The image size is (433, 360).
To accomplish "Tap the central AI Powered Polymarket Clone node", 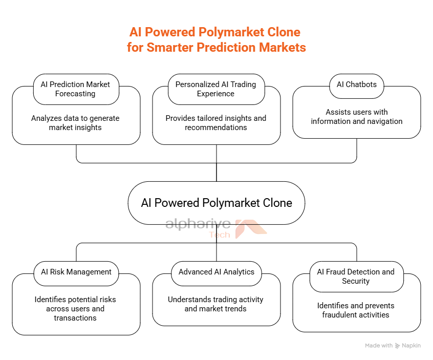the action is [216, 203].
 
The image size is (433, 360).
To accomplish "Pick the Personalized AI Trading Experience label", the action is [216, 89].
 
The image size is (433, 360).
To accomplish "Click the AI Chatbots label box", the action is [357, 86].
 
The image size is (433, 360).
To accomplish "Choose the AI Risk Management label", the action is [76, 273].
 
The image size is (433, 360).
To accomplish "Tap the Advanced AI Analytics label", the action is [216, 273].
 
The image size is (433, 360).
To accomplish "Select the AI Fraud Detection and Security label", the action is [357, 277].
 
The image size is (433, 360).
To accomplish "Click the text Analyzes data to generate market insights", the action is [75, 123].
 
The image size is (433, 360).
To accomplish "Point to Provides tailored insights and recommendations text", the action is [216, 123].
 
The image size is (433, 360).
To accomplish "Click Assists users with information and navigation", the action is [357, 117].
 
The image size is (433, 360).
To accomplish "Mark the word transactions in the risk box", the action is [75, 318].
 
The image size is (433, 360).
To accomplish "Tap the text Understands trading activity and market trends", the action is [215, 304].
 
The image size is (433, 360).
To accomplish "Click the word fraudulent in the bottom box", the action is [337, 315].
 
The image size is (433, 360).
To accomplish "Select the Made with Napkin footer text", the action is [393, 346].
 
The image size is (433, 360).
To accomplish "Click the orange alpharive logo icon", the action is [250, 228].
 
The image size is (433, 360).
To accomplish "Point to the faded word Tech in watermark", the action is [220, 235].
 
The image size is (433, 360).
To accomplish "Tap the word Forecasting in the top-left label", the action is [75, 94].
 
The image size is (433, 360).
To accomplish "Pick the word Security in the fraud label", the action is [356, 281].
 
